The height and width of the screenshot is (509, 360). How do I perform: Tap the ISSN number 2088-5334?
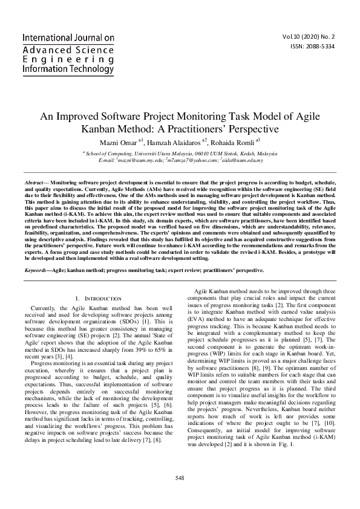coord(312,47)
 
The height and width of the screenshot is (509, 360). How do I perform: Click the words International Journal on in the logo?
coord(68,37)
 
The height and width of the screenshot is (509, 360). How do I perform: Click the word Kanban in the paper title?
coord(98,129)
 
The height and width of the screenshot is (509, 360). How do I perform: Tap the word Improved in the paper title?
coord(82,116)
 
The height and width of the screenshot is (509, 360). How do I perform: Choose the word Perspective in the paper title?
coord(250,129)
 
